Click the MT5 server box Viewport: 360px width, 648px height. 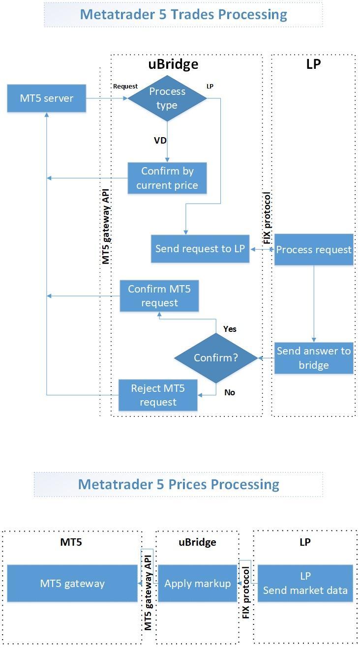47,98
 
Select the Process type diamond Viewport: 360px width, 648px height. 167,98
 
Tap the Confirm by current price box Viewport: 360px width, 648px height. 167,178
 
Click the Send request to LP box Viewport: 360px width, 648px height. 200,249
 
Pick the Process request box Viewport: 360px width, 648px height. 314,250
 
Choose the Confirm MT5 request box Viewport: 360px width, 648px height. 159,296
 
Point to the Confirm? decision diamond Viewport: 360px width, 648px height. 216,358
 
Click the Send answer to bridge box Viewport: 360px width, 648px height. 314,358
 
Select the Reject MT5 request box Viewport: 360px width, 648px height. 158,395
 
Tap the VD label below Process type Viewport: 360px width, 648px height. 160,141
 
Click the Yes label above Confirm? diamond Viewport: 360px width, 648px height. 230,329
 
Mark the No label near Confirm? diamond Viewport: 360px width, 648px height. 230,392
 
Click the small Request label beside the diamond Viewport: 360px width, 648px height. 125,87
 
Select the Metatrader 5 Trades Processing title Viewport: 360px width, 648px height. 183,14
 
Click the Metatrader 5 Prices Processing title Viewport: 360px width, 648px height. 179,484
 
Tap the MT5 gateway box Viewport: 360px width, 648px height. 72,584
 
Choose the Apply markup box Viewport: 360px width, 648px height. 197,584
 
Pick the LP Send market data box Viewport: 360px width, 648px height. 305,584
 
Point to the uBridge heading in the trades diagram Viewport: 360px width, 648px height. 174,64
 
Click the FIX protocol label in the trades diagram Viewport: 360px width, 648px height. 268,218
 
